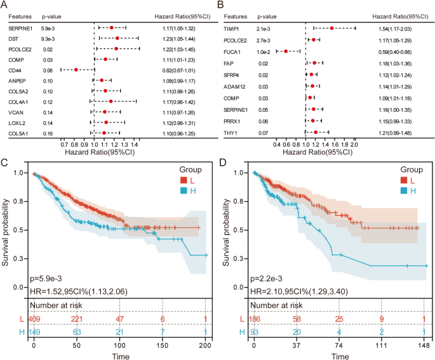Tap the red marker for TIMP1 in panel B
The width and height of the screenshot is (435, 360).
(332, 28)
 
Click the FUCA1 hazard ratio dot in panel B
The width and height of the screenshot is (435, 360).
(286, 51)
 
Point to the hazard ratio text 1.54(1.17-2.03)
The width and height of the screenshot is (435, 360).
(396, 28)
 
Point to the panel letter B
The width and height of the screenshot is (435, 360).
(220, 5)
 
